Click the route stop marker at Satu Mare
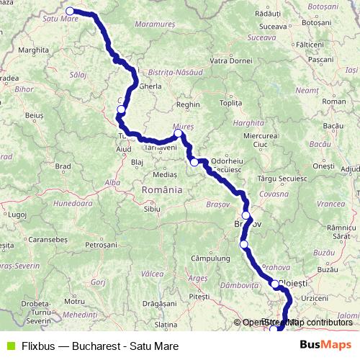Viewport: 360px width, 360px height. [71, 11]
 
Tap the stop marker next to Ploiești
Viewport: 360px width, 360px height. [275, 284]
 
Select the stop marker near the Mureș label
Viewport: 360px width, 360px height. [178, 133]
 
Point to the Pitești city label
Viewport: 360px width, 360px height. [198, 296]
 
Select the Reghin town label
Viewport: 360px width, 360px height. [187, 104]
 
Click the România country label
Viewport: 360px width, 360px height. [163, 189]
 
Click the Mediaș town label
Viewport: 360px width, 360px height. [165, 174]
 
